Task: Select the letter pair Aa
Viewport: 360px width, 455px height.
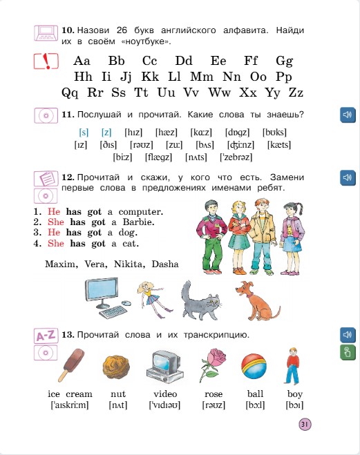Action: (82, 61)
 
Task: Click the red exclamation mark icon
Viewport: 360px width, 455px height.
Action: (46, 61)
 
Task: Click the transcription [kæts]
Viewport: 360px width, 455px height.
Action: (278, 145)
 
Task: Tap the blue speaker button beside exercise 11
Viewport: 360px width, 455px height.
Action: (347, 115)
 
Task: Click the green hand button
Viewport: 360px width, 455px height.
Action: (347, 354)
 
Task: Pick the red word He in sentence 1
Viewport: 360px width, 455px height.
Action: (54, 211)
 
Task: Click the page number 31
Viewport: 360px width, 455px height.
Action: (306, 424)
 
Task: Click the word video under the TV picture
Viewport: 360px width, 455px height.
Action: (165, 394)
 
